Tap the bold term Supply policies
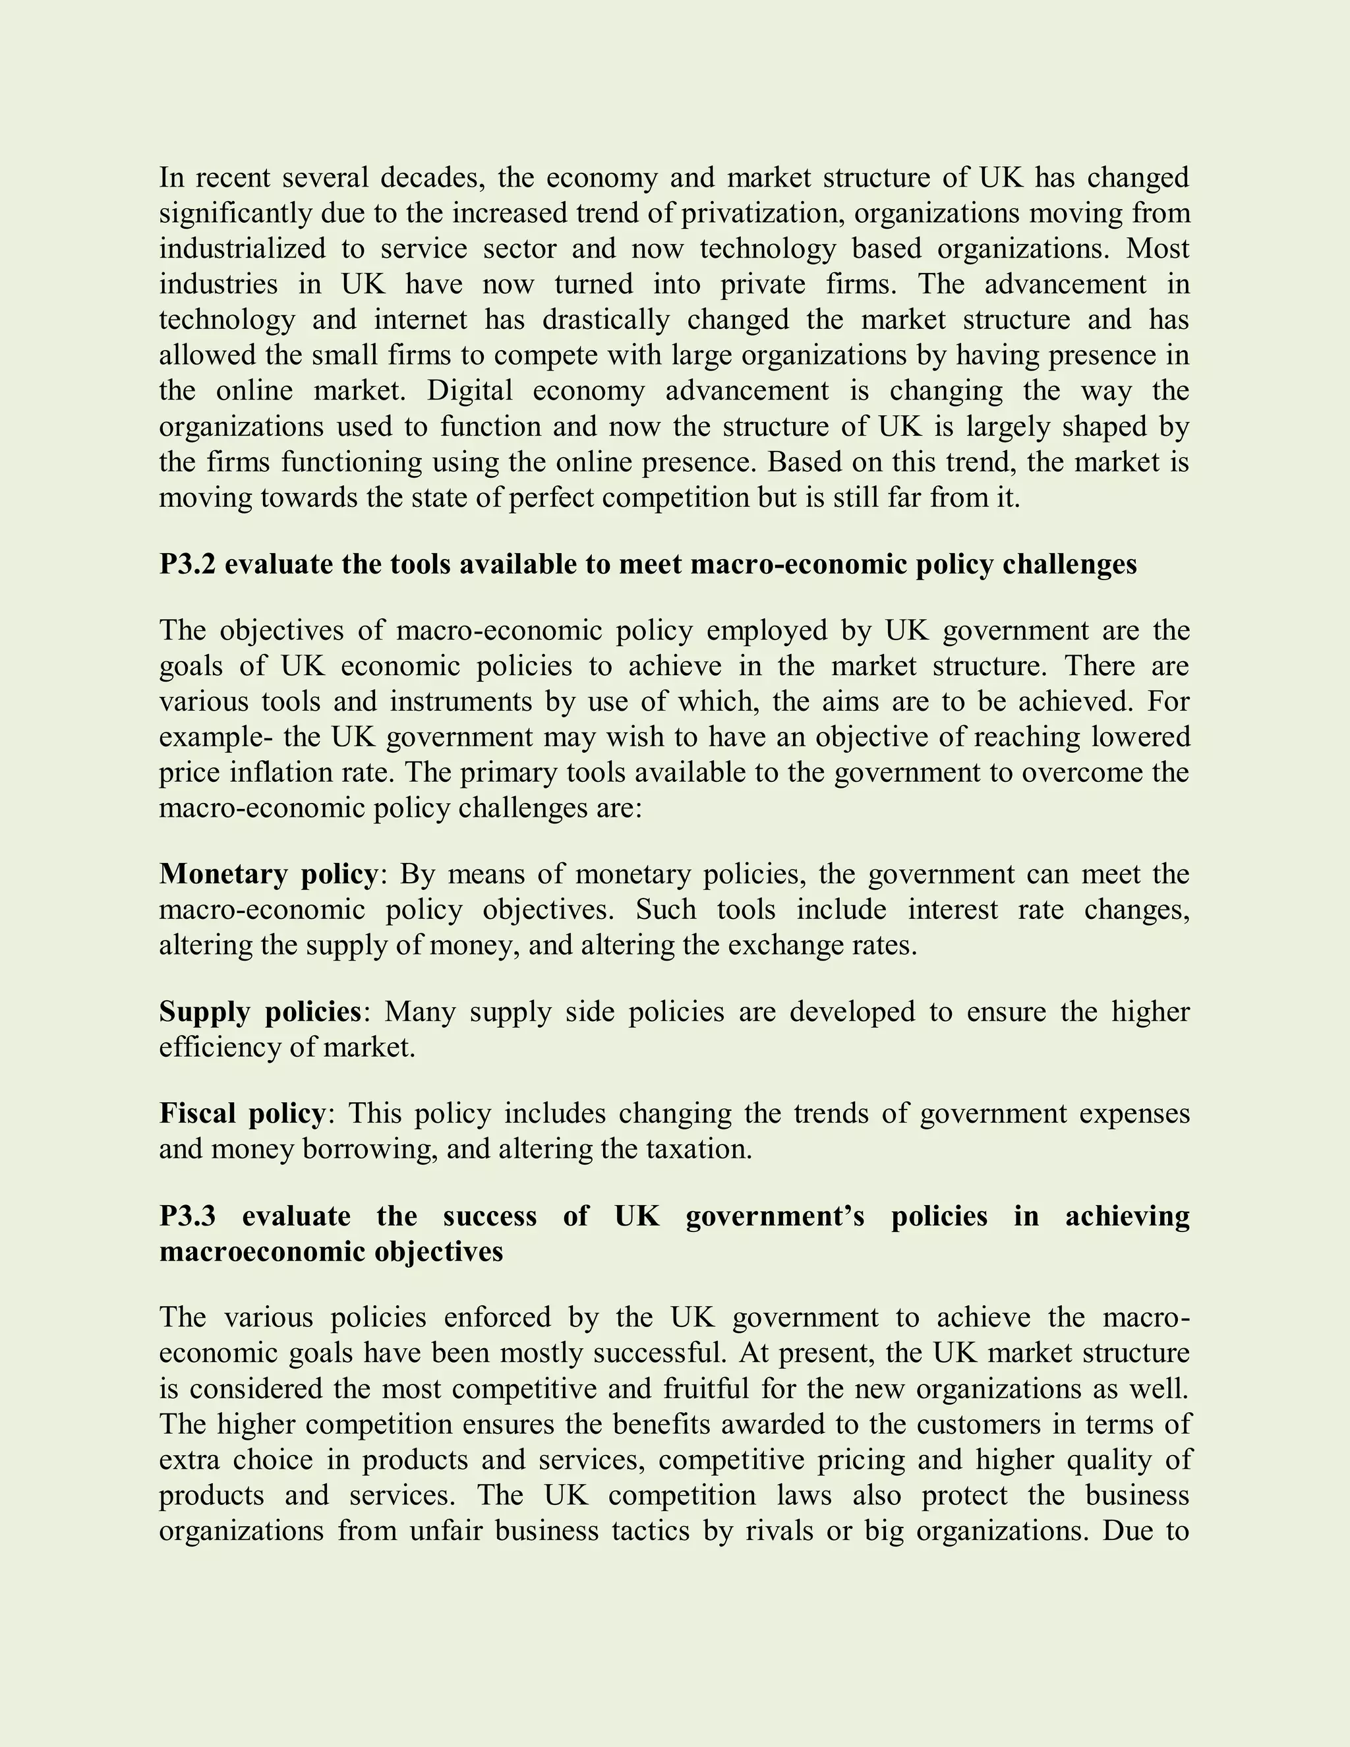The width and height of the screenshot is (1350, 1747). (261, 1012)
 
